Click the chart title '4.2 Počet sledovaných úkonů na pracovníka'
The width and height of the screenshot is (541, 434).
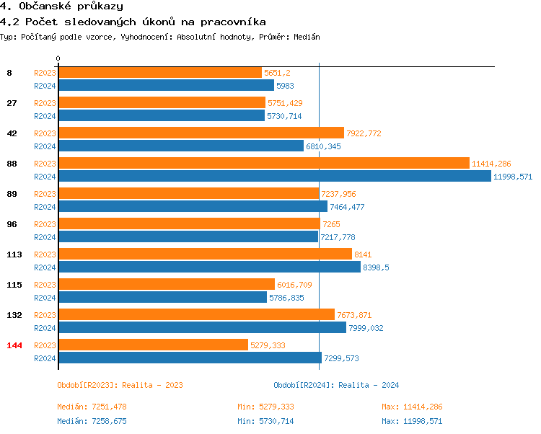click(133, 22)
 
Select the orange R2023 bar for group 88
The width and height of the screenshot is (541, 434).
click(263, 164)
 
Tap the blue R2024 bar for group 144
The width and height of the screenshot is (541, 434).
click(190, 358)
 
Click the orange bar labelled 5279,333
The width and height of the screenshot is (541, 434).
click(153, 345)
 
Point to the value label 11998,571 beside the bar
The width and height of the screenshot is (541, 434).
click(513, 177)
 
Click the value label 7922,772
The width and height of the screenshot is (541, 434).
click(364, 133)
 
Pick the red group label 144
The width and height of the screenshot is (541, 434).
click(14, 345)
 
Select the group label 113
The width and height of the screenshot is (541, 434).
click(14, 254)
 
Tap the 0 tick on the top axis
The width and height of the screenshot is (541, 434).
click(58, 58)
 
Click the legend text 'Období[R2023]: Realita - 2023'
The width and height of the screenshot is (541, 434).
click(120, 385)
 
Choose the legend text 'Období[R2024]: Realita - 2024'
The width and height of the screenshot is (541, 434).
click(336, 385)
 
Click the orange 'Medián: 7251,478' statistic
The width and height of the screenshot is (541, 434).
click(92, 407)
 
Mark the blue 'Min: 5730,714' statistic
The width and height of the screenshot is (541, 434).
click(265, 421)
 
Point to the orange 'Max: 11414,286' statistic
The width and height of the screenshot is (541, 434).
click(412, 407)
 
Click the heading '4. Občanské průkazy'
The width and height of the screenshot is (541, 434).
click(61, 6)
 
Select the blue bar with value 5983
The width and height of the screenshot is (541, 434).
click(166, 85)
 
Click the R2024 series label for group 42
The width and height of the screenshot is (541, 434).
click(45, 146)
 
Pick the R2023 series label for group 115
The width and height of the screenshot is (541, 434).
click(45, 285)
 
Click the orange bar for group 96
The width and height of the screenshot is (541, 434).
click(189, 224)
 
